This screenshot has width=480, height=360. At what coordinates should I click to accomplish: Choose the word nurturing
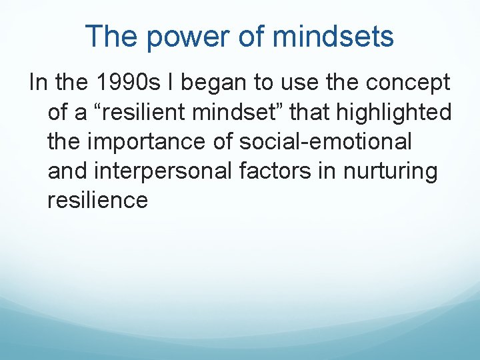390,171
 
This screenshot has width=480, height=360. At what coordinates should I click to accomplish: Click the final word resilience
97,201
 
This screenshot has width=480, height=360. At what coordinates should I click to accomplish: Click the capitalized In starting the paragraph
38,83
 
